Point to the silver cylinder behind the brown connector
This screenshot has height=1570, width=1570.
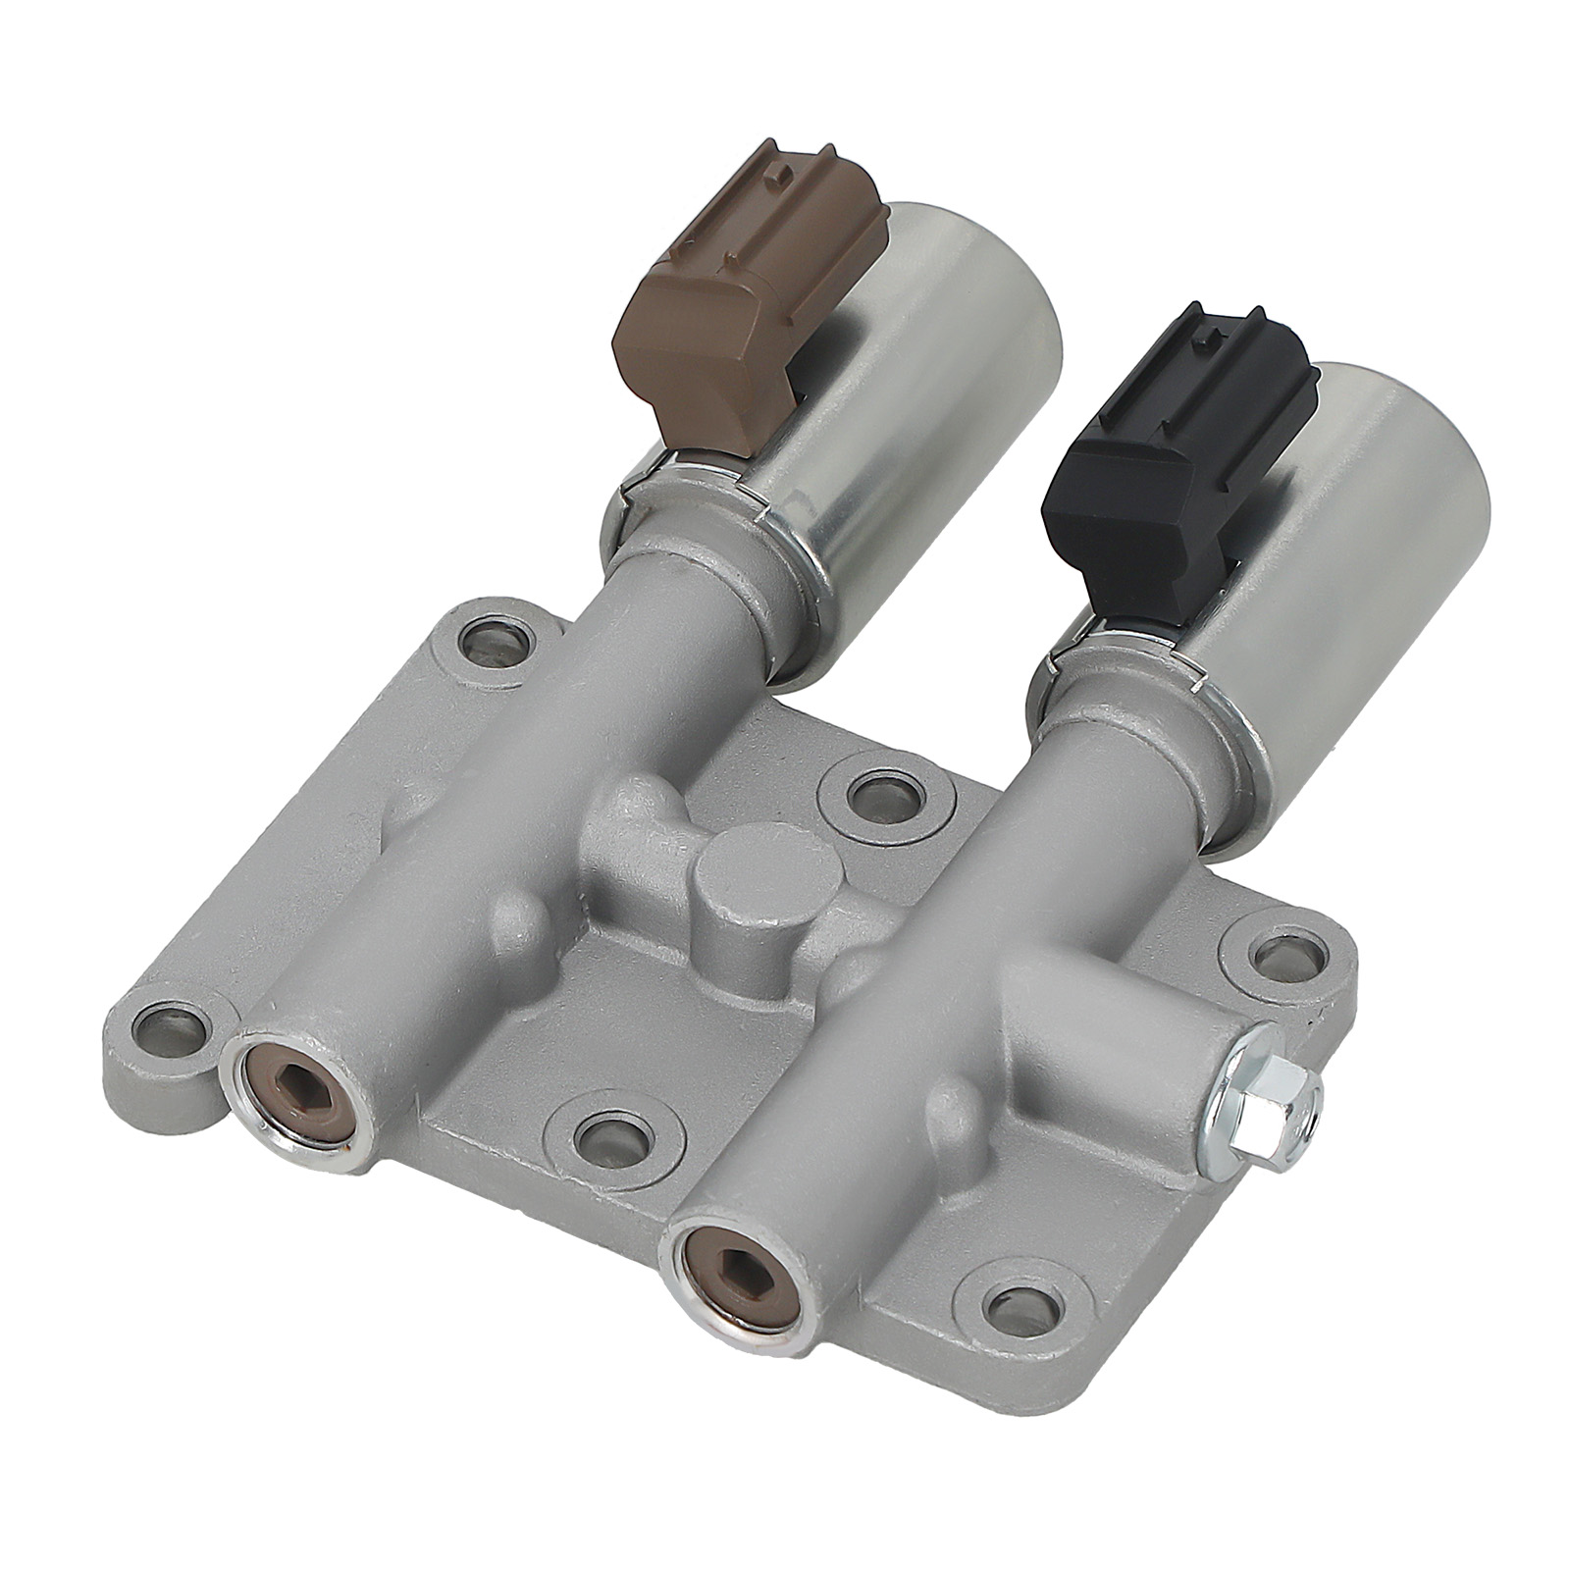tap(942, 392)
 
